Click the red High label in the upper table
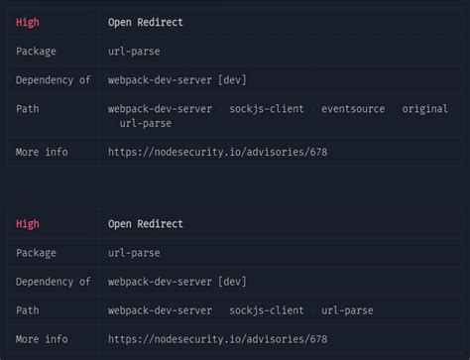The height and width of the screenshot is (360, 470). click(28, 21)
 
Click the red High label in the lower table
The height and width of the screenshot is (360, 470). click(28, 224)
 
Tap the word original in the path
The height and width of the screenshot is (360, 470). click(424, 109)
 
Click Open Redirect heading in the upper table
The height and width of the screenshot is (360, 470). click(146, 21)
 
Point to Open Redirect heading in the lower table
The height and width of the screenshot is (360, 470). click(146, 224)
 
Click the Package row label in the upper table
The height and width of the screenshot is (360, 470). click(36, 51)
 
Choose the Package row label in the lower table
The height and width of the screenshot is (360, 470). click(36, 253)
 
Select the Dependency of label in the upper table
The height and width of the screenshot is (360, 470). click(53, 80)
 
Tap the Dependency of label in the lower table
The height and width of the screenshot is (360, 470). click(53, 282)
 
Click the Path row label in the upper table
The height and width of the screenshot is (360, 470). click(28, 109)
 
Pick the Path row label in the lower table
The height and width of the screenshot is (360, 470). click(28, 310)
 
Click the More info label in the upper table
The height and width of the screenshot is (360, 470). click(42, 152)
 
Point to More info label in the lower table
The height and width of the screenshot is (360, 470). click(42, 339)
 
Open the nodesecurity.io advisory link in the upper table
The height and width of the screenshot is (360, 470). click(217, 152)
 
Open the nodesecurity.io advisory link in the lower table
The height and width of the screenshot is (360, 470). click(217, 339)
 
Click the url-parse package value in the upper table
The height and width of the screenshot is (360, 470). click(134, 51)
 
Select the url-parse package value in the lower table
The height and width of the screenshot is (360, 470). click(134, 253)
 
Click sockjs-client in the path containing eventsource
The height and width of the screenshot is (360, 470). click(266, 109)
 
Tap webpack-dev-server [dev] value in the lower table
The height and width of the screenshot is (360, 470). click(177, 282)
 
